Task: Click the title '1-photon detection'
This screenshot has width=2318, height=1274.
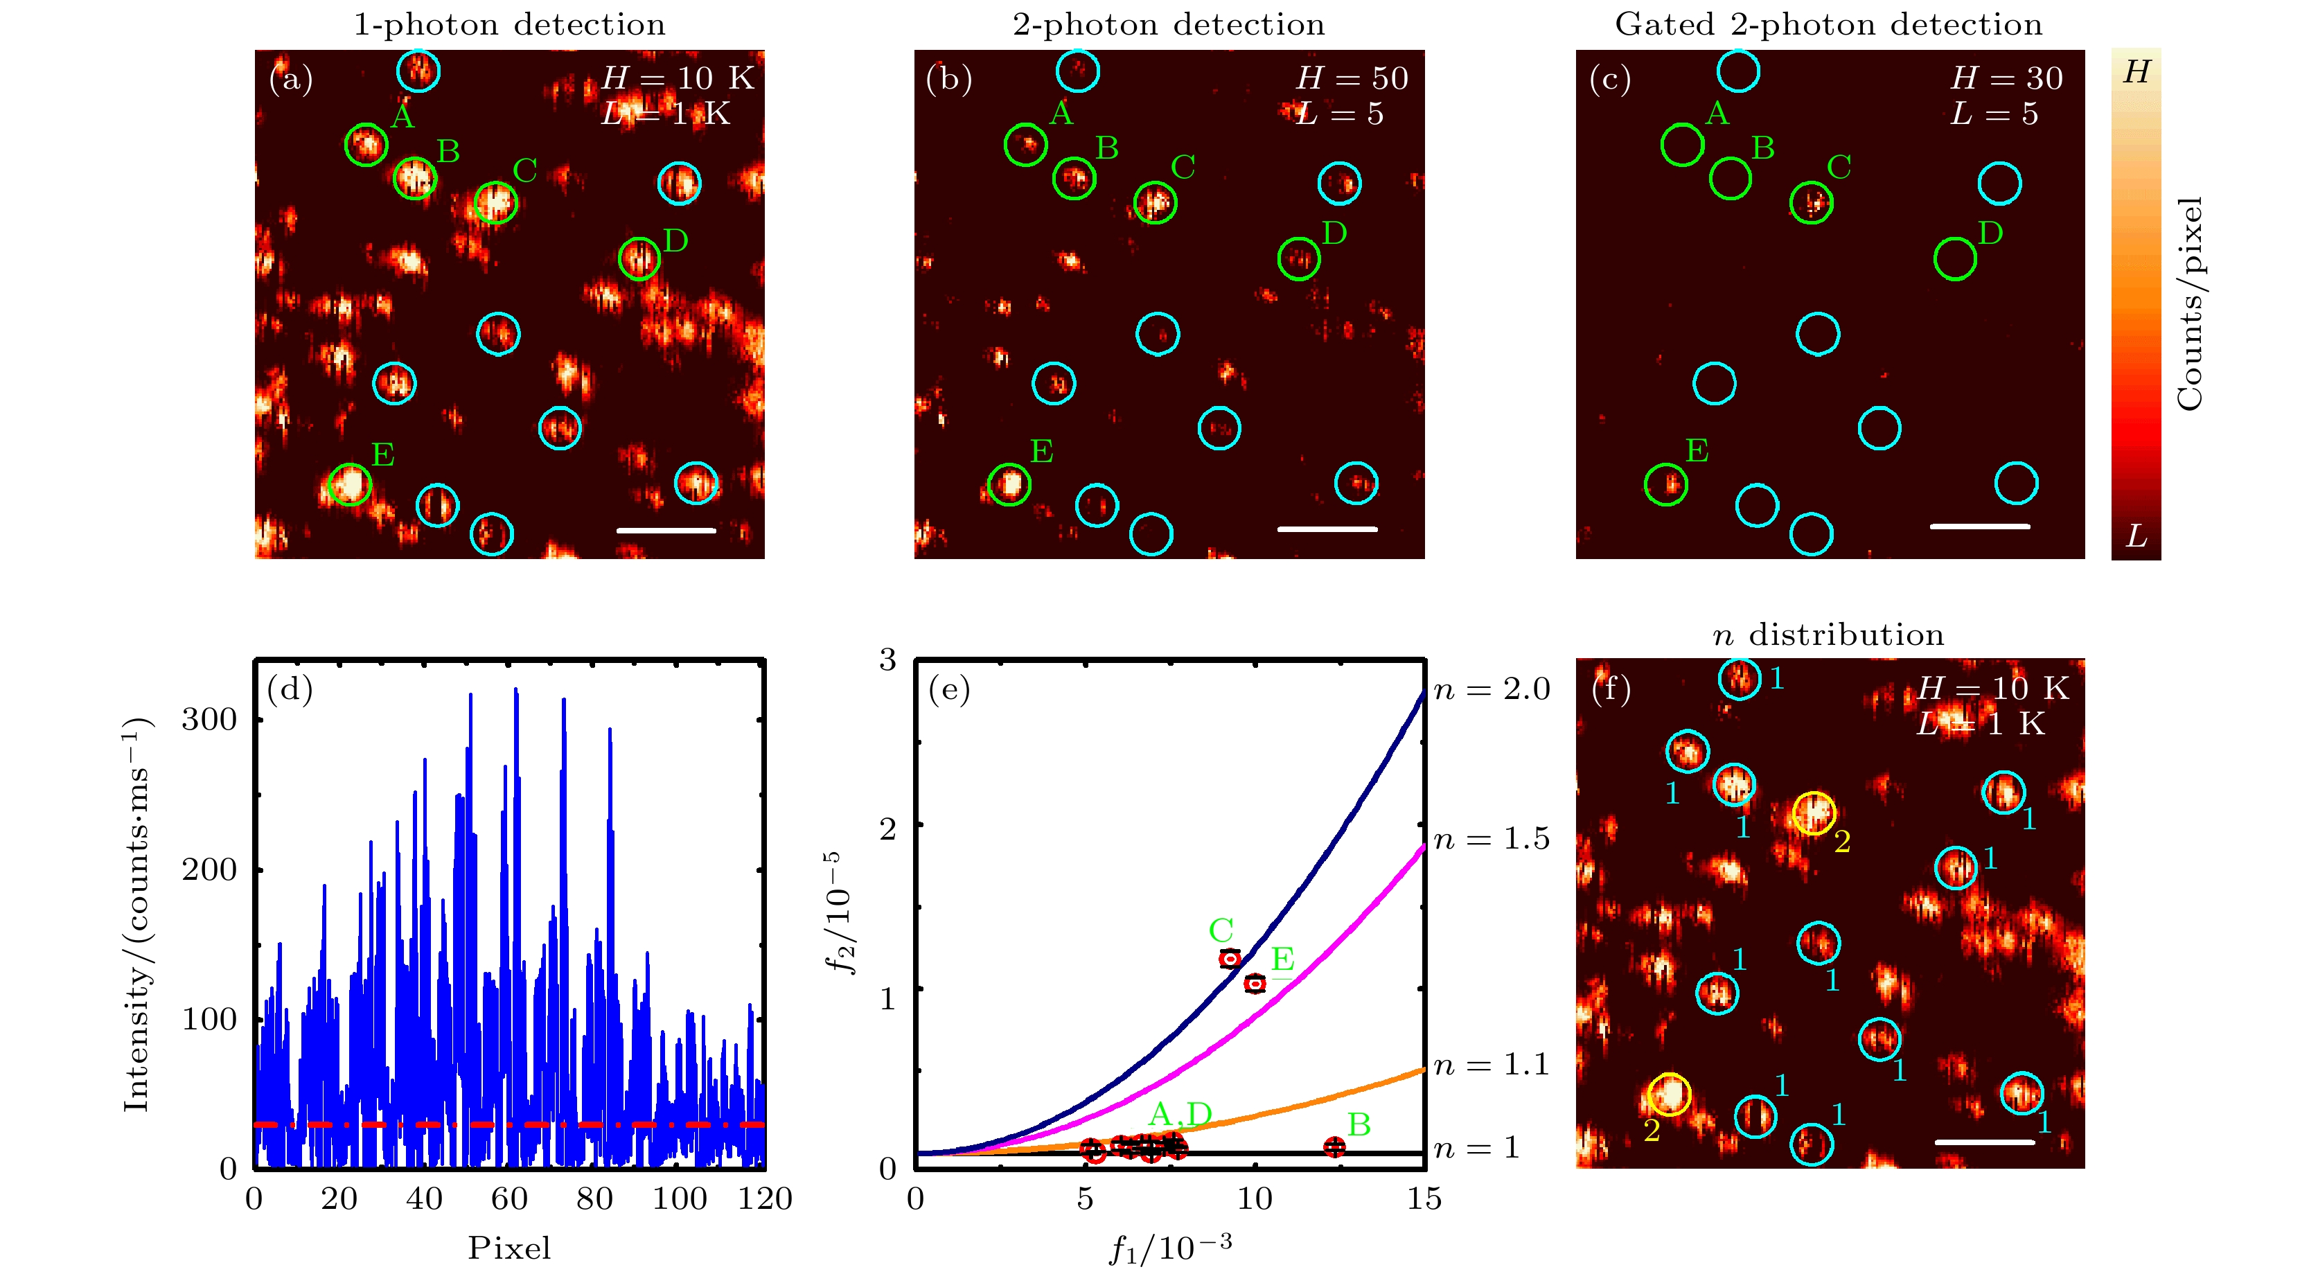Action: tap(509, 24)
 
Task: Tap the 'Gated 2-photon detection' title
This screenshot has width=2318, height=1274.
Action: tap(1828, 24)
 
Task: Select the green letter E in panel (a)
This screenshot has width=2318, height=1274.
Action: tap(383, 454)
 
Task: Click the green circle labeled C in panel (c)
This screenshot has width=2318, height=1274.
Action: tap(1812, 202)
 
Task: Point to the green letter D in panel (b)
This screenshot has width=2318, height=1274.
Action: tap(1334, 234)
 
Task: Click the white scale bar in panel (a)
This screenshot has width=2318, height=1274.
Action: tap(666, 531)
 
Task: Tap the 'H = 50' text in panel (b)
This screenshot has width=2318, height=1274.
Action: tap(1352, 79)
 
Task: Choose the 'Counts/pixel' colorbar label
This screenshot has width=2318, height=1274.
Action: tap(2188, 303)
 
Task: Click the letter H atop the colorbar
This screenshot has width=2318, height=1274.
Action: tap(2136, 72)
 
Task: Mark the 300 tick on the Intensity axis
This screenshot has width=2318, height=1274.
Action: tap(209, 720)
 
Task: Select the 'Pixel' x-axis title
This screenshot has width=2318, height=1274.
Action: tap(509, 1248)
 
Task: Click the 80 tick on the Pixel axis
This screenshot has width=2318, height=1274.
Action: tap(595, 1199)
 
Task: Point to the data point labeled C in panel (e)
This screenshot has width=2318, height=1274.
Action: tap(1229, 959)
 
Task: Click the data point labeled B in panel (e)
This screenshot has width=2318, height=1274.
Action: tap(1334, 1147)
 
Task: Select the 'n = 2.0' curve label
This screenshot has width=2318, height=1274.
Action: tap(1491, 689)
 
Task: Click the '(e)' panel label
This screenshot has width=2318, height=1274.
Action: tap(948, 689)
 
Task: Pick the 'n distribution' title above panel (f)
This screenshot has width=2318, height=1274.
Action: tap(1828, 635)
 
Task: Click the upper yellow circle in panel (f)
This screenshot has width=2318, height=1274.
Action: tap(1813, 813)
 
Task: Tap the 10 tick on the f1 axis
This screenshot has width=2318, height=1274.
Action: tap(1255, 1199)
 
